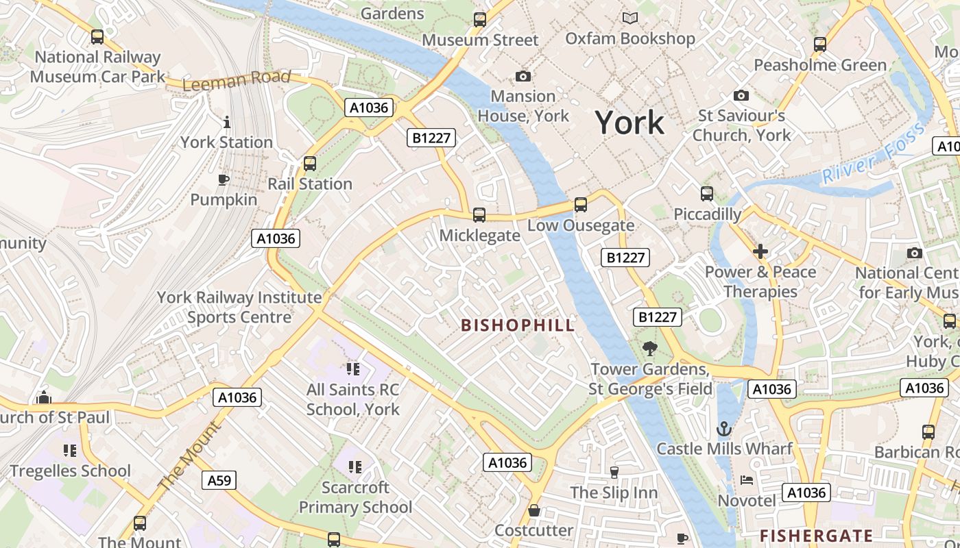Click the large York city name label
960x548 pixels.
629,123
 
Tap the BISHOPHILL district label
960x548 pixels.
518,325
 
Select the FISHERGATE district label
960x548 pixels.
816,535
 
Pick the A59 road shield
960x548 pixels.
219,480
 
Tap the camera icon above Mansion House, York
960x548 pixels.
523,76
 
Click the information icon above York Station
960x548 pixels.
227,123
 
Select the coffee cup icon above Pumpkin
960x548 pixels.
223,180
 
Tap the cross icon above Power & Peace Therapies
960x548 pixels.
760,252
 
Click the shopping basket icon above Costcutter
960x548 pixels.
533,511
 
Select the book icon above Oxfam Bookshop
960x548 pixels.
629,18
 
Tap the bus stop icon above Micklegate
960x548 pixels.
479,215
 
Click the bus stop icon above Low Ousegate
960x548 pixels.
580,205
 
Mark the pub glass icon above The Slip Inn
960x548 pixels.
614,473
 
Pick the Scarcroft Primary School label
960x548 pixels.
355,497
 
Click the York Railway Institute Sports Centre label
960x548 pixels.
239,307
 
